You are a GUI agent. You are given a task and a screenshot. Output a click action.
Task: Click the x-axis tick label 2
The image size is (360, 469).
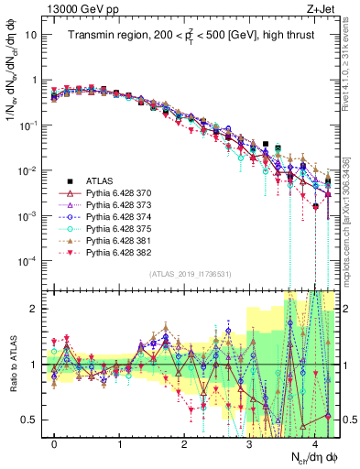click(184, 444)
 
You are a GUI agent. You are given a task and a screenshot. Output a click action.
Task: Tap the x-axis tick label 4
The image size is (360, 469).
click(314, 444)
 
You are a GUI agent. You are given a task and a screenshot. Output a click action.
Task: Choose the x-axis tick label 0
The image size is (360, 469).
click(54, 444)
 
